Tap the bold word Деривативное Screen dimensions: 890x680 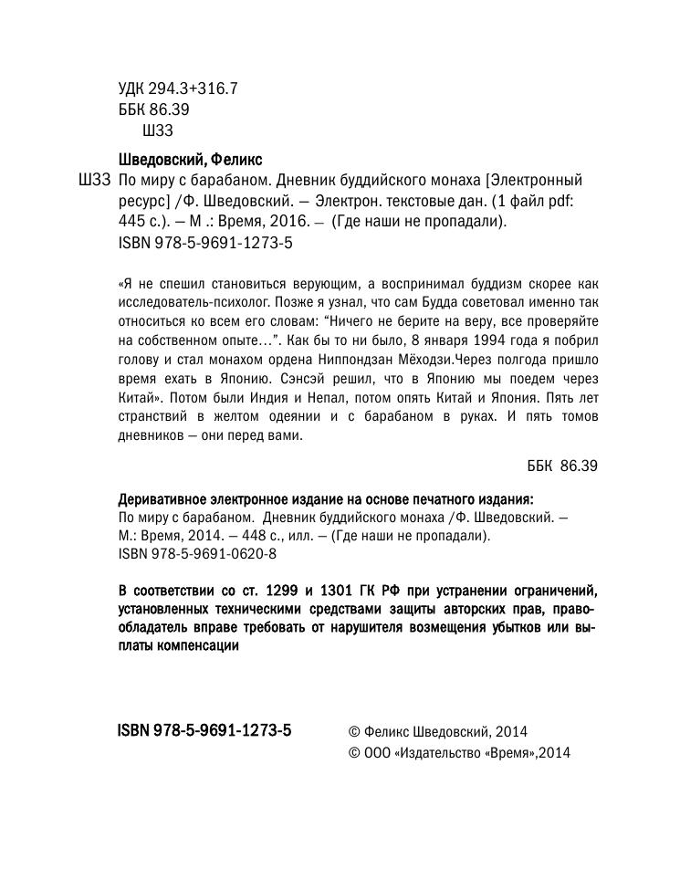pyautogui.click(x=163, y=498)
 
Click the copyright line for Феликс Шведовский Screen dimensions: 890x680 pyautogui.click(x=438, y=731)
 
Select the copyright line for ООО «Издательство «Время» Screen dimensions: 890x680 pyautogui.click(x=459, y=753)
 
